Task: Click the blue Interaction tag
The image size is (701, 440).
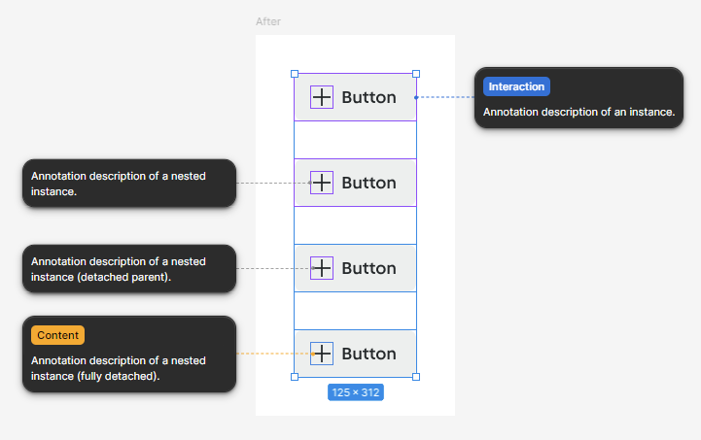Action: coord(516,86)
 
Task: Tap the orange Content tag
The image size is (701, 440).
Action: coord(57,335)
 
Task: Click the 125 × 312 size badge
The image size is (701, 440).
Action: coord(356,392)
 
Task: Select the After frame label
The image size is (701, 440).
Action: coord(268,21)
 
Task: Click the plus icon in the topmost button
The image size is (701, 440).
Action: coord(322,97)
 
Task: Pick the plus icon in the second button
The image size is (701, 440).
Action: coord(322,183)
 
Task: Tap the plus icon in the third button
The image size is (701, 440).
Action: coord(322,268)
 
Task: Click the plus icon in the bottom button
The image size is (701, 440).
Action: coord(322,354)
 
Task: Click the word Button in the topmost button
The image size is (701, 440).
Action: coord(368,97)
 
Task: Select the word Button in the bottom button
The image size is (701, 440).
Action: coord(368,354)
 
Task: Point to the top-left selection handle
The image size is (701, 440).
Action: coord(295,74)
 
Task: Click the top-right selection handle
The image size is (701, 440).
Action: coord(416,74)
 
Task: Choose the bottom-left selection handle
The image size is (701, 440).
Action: coord(295,377)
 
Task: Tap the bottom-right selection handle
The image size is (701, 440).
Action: coord(416,377)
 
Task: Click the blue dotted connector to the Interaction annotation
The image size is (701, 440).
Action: coord(445,97)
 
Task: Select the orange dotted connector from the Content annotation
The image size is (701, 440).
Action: coord(274,354)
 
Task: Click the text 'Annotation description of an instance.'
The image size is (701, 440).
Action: coord(578,112)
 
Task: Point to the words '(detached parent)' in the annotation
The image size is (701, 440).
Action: coord(123,277)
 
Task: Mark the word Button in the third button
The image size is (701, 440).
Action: coord(368,268)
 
